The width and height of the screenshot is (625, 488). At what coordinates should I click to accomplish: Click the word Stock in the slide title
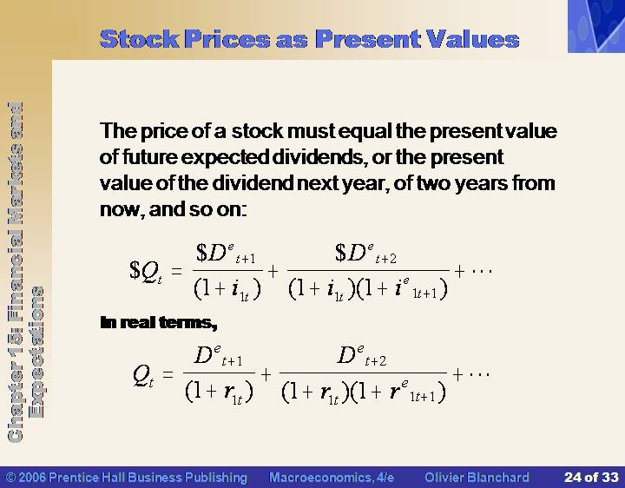(139, 39)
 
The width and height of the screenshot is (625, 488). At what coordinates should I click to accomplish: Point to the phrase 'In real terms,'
(159, 322)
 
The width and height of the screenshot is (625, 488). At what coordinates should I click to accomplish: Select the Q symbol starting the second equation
(143, 376)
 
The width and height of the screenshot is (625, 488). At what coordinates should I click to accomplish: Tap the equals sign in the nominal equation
(176, 272)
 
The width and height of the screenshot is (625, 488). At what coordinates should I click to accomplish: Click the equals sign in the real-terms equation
(168, 374)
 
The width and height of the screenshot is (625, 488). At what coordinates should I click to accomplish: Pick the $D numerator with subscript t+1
(226, 254)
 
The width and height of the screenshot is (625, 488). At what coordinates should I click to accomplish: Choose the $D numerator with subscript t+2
(366, 254)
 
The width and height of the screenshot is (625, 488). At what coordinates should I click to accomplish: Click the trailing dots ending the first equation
(483, 271)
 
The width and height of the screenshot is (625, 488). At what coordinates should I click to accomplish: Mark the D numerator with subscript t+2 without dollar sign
(361, 356)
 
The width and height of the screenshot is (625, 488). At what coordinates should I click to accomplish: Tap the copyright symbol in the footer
(11, 478)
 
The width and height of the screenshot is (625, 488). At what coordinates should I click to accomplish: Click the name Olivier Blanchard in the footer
(477, 478)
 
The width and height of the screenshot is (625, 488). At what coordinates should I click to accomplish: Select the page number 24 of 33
(591, 478)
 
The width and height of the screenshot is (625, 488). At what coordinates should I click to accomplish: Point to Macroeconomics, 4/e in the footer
(332, 478)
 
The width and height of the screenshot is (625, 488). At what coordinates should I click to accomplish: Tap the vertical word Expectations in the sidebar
(36, 352)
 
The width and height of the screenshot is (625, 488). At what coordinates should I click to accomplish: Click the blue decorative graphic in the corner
(596, 26)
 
